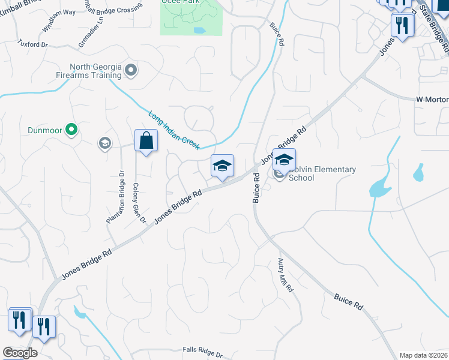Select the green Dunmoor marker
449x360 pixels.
click(x=71, y=128)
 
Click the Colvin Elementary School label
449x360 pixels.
click(x=322, y=173)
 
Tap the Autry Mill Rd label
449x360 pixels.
click(x=285, y=275)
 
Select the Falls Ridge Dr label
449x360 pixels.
click(x=202, y=351)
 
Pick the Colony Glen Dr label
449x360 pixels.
click(x=139, y=202)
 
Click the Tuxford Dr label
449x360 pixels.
click(x=32, y=44)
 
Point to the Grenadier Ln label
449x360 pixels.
click(x=88, y=36)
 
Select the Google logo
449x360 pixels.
click(x=19, y=353)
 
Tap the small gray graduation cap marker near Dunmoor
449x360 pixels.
click(x=105, y=143)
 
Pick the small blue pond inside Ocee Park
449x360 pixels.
click(x=199, y=29)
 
